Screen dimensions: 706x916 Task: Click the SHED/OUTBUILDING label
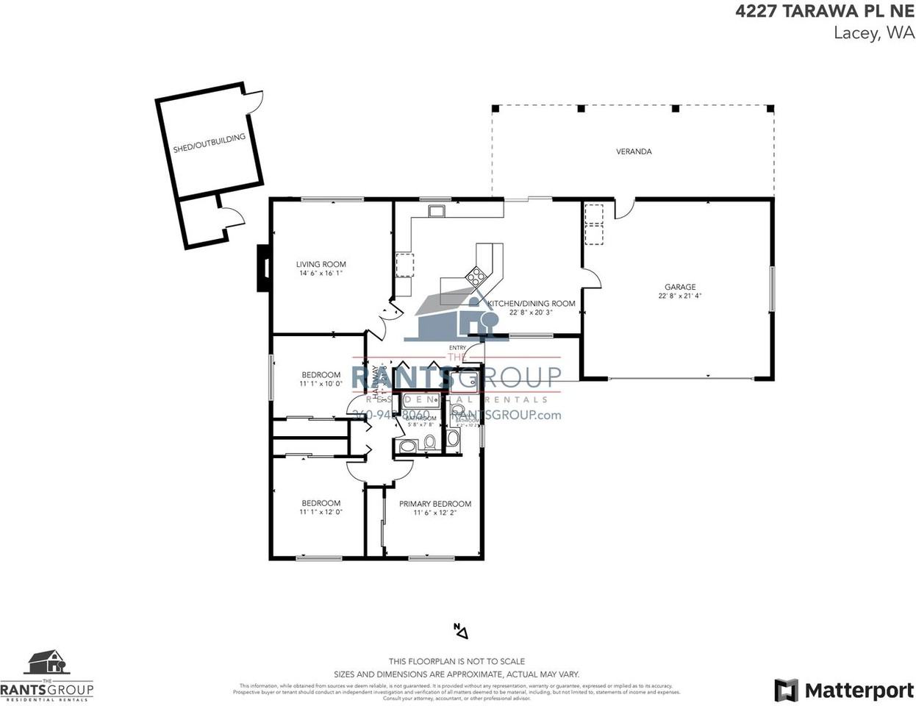(209, 143)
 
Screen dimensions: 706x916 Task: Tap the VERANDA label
(634, 151)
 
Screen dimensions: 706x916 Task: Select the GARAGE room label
(680, 287)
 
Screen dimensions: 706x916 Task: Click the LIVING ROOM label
(321, 264)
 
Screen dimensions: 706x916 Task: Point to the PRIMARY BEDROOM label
(434, 504)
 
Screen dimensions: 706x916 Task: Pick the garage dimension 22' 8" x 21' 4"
(680, 296)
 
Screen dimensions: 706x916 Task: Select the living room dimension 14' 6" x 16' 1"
(321, 274)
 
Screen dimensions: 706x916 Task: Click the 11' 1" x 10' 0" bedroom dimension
(321, 384)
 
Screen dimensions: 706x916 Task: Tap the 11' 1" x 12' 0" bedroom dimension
(321, 513)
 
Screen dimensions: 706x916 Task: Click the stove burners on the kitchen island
(476, 277)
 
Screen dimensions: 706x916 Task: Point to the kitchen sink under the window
(437, 212)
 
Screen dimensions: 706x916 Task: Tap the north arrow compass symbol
(460, 630)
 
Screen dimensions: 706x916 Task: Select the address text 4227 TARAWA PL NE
(826, 12)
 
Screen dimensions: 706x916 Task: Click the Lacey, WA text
(874, 32)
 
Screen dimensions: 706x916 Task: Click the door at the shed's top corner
(254, 101)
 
